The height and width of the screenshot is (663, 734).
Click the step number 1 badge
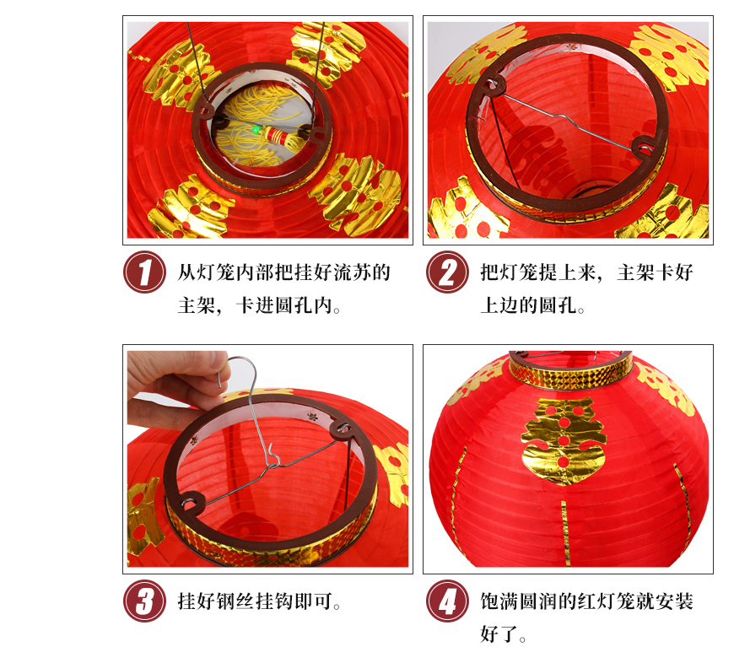pos(144,272)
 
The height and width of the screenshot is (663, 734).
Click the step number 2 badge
pos(447,272)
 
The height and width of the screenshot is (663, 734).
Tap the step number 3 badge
pos(144,601)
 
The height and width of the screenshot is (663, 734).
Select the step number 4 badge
pos(447,601)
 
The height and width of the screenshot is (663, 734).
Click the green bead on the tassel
pos(256,130)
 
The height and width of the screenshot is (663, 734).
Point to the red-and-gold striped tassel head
pos(277,137)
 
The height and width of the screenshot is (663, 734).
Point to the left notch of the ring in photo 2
pos(493,84)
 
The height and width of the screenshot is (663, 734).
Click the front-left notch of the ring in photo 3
pos(191,503)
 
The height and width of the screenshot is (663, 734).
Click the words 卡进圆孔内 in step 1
pos(283,305)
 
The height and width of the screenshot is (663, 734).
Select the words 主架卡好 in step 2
pos(655,272)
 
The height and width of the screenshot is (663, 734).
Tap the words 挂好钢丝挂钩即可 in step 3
pos(255,601)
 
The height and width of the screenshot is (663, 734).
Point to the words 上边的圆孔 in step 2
pos(528,305)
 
